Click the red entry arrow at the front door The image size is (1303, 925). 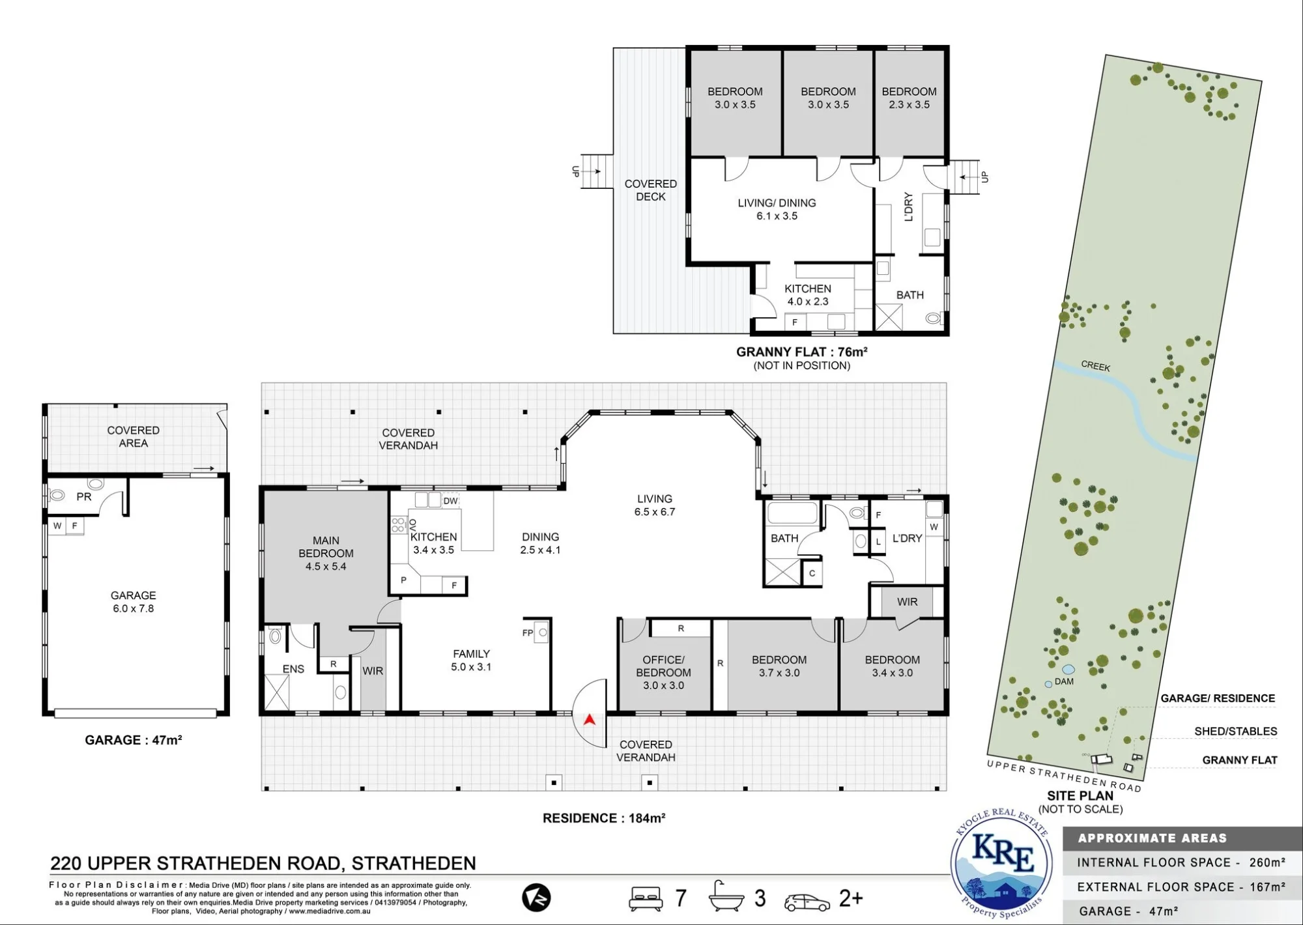click(x=590, y=719)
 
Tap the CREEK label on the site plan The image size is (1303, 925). click(x=1095, y=366)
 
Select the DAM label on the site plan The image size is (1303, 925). click(x=1064, y=681)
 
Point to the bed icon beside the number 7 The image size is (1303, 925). click(x=646, y=898)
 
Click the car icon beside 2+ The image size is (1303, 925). click(x=807, y=902)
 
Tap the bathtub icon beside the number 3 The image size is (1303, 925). click(x=727, y=896)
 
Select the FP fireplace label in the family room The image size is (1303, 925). click(x=528, y=633)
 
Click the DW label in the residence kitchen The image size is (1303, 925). click(x=450, y=501)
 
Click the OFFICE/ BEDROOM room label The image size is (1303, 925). click(x=663, y=666)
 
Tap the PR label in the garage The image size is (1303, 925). click(x=84, y=497)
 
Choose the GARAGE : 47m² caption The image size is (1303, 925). click(x=133, y=740)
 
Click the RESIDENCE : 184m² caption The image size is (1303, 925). click(x=604, y=818)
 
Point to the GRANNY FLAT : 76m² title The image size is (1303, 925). click(x=801, y=352)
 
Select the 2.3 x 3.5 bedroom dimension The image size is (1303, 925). click(x=909, y=104)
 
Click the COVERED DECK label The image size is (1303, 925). click(x=650, y=190)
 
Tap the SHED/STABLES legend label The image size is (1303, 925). click(x=1235, y=731)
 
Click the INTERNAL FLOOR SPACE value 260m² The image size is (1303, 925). click(x=1267, y=862)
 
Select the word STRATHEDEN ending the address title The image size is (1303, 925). click(x=414, y=863)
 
